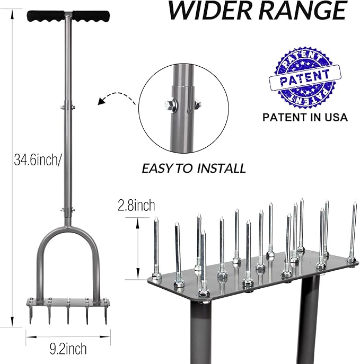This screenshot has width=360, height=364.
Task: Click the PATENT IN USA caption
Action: [305, 117]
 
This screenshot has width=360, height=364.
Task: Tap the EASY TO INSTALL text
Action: [194, 168]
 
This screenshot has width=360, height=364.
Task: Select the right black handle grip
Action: [91, 16]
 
